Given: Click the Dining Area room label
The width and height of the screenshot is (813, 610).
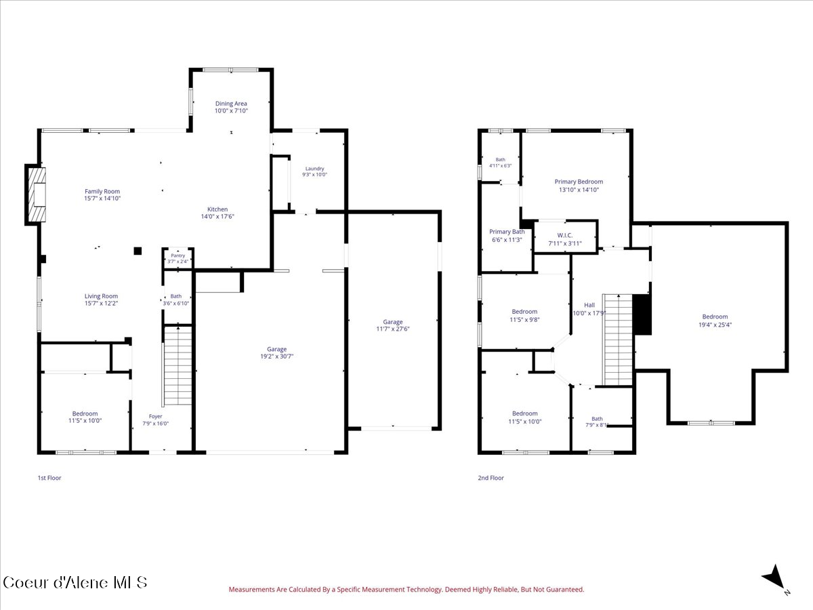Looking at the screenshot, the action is pyautogui.click(x=231, y=104).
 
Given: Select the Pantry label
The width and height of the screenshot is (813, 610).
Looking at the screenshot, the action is pyautogui.click(x=178, y=256).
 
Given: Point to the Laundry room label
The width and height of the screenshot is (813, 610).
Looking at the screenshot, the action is pyautogui.click(x=314, y=169).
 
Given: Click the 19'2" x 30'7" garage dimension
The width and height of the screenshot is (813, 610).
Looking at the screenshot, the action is pyautogui.click(x=276, y=357).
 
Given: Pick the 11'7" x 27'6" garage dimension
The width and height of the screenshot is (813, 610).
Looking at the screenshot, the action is pyautogui.click(x=392, y=329).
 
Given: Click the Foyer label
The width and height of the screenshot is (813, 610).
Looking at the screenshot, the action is pyautogui.click(x=156, y=416).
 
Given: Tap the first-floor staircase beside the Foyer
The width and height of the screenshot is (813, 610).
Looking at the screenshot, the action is pyautogui.click(x=178, y=365).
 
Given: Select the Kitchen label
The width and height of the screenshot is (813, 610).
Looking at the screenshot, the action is pyautogui.click(x=217, y=209).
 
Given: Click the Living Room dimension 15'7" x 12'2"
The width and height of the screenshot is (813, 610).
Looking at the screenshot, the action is pyautogui.click(x=101, y=304).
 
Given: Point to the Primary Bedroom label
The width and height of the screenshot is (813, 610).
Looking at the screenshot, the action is pyautogui.click(x=579, y=182).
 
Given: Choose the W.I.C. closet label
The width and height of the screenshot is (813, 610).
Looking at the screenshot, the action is pyautogui.click(x=565, y=236).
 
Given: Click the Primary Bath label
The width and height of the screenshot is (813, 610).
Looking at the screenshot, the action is pyautogui.click(x=507, y=232).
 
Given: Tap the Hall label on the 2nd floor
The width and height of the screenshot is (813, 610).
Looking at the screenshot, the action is pyautogui.click(x=589, y=305).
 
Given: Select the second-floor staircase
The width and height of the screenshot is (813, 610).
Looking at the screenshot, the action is pyautogui.click(x=617, y=340).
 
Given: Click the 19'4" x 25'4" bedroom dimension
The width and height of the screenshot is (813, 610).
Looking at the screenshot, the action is pyautogui.click(x=715, y=325).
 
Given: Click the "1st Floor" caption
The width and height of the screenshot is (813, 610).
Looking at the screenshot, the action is pyautogui.click(x=49, y=478).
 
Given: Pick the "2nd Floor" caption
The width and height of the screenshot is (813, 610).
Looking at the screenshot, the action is pyautogui.click(x=491, y=478).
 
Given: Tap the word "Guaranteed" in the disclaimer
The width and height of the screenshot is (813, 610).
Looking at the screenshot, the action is pyautogui.click(x=565, y=590).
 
